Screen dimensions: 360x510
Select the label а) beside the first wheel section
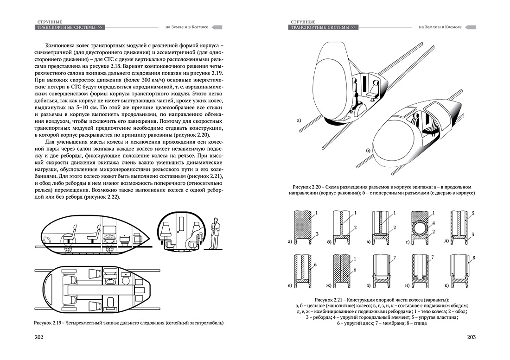tap(290, 241)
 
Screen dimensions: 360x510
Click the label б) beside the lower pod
tap(368, 151)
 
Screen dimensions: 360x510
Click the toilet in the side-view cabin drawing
tap(124, 240)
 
